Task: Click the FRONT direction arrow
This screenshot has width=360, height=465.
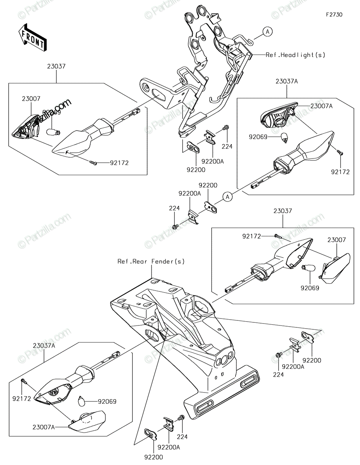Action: click(x=32, y=38)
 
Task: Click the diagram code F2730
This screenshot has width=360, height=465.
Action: click(x=334, y=15)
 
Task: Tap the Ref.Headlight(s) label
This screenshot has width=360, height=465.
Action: click(x=295, y=55)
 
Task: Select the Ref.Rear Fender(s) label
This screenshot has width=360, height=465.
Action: click(x=151, y=261)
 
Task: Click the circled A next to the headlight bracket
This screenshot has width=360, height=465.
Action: click(x=267, y=32)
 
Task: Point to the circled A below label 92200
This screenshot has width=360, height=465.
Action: click(x=227, y=196)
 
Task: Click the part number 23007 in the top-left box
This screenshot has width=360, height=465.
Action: click(x=31, y=99)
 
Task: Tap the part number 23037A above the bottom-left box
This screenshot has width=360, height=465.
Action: click(x=44, y=346)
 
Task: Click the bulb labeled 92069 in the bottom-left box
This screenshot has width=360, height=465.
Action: click(x=82, y=402)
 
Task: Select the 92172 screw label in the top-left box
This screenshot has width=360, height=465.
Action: click(x=119, y=163)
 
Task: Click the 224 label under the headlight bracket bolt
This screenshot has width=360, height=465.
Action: click(x=227, y=146)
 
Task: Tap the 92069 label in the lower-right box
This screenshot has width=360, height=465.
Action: click(x=310, y=288)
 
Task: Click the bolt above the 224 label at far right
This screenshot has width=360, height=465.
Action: click(x=279, y=355)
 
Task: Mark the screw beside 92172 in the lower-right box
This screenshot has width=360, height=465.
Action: click(x=277, y=236)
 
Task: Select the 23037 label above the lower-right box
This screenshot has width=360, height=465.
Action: click(x=282, y=211)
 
